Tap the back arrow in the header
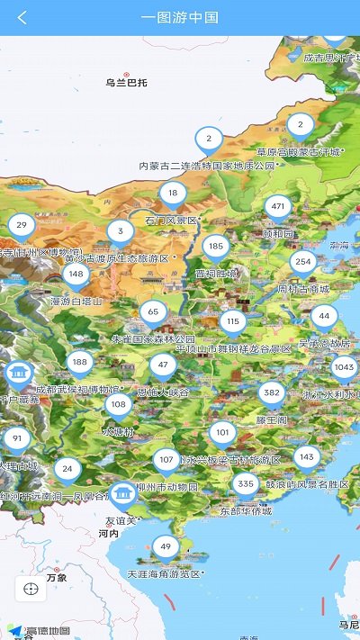(22, 17)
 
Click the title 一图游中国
(180, 17)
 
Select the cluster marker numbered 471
(278, 207)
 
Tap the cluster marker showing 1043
(344, 366)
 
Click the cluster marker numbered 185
(215, 246)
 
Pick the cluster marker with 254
(303, 263)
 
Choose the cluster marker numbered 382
(272, 393)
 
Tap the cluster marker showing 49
(166, 545)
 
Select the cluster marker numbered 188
(80, 362)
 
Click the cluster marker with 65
(153, 312)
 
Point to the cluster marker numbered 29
(22, 225)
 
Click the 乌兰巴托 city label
(125, 83)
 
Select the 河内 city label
(108, 534)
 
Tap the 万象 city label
(56, 578)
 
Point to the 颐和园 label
(278, 233)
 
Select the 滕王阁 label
(271, 419)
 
